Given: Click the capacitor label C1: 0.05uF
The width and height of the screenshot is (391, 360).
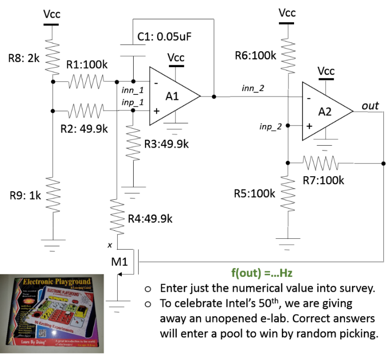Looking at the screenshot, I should (165, 37).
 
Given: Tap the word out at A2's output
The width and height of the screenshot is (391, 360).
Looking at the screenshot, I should (370, 106).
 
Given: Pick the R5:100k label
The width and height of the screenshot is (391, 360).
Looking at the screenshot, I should (255, 194).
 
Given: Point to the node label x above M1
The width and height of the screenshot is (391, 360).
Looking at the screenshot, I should (110, 245).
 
